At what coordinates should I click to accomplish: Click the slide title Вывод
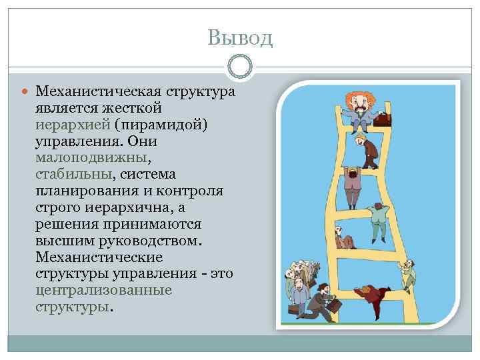(x=239, y=37)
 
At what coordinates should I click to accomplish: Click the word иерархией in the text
(x=73, y=124)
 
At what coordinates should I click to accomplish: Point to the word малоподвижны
(x=93, y=157)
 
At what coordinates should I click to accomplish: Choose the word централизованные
(x=105, y=291)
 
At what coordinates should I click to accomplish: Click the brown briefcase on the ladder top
(x=383, y=120)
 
